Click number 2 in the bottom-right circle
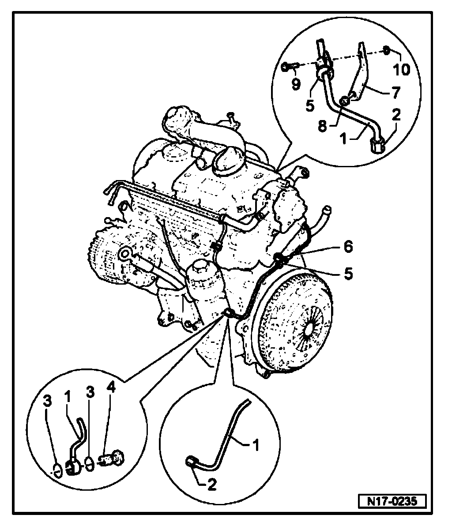(x=212, y=485)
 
